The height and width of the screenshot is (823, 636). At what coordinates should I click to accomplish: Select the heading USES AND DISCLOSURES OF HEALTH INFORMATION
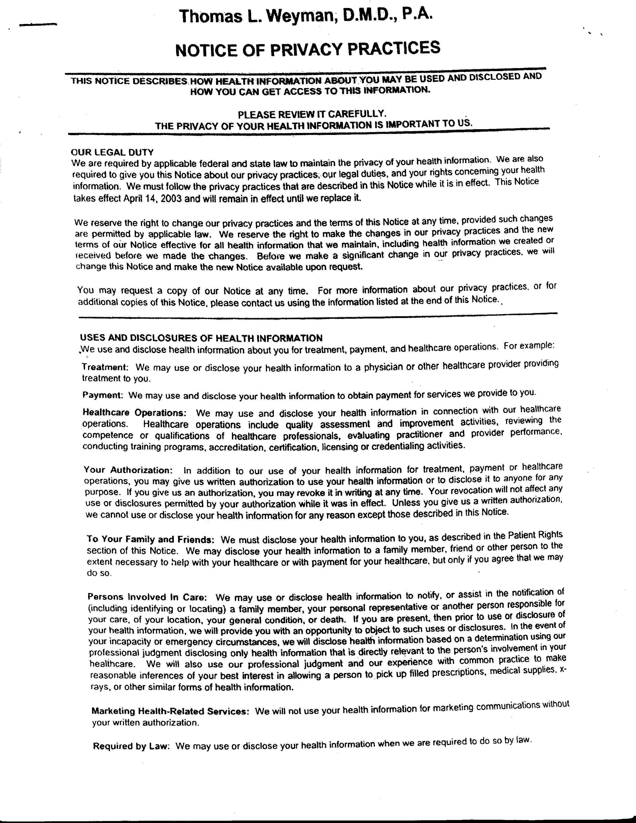tap(201, 338)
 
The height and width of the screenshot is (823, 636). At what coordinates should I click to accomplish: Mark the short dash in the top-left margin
tap(38, 25)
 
